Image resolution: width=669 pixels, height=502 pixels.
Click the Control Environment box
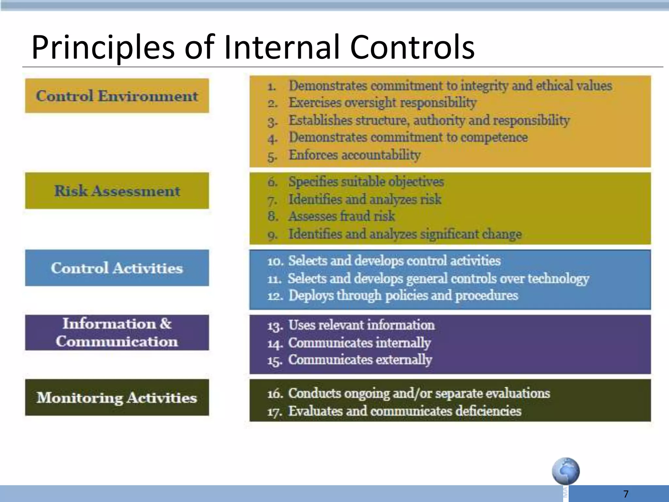tap(117, 96)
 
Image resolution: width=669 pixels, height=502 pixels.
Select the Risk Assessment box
tap(117, 191)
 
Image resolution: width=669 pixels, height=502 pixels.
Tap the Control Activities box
tap(117, 268)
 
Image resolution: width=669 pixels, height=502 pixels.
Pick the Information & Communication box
tap(117, 332)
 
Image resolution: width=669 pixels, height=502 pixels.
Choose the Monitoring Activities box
tap(117, 397)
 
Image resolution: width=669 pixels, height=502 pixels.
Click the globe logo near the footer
tap(566, 471)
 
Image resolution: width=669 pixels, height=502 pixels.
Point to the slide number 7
tap(626, 494)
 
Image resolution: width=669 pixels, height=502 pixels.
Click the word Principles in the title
tap(103, 47)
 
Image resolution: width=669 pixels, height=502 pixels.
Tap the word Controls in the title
tap(412, 47)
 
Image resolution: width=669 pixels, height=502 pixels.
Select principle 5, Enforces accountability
tap(354, 155)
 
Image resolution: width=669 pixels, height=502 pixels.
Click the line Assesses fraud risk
tap(341, 216)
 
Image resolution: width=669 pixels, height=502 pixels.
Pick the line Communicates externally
tap(360, 360)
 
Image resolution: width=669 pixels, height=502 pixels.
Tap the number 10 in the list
tap(274, 261)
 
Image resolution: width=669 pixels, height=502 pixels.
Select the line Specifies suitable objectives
tap(366, 182)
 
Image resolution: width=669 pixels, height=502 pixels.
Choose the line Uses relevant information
tap(361, 325)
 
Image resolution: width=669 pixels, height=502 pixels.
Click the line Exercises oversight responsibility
tap(382, 103)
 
